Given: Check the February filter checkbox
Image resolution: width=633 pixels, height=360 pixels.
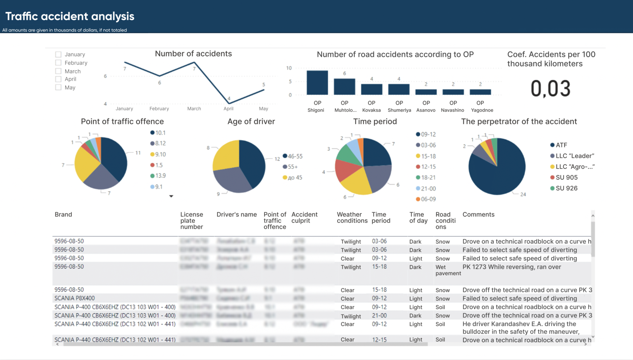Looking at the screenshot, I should pyautogui.click(x=58, y=63).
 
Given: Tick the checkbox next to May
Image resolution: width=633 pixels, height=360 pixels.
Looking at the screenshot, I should pyautogui.click(x=58, y=87).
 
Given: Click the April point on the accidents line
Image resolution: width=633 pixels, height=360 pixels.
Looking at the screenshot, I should pyautogui.click(x=229, y=103).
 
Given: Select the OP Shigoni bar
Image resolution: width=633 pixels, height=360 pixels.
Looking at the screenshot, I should pyautogui.click(x=317, y=83).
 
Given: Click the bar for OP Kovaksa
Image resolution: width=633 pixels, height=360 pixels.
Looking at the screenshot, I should pyautogui.click(x=372, y=89).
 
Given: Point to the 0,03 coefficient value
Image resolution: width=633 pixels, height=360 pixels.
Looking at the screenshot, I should pyautogui.click(x=550, y=89).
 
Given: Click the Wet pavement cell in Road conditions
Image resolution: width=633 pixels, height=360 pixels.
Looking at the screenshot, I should pyautogui.click(x=448, y=270).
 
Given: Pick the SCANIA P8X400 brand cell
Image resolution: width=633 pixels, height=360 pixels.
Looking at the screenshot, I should pyautogui.click(x=75, y=298).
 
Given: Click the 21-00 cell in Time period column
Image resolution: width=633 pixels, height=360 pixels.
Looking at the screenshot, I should pyautogui.click(x=379, y=316).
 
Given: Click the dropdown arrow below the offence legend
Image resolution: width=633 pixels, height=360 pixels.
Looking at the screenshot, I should pyautogui.click(x=171, y=196).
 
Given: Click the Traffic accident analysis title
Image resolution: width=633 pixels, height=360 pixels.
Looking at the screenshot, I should pyautogui.click(x=70, y=16).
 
